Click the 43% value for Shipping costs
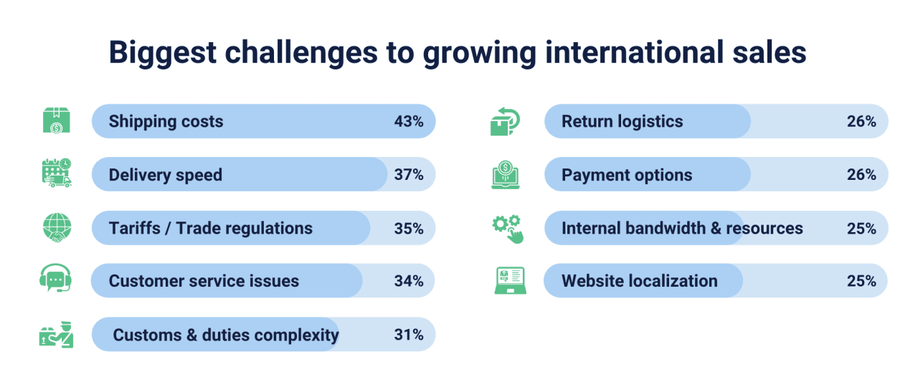click(409, 122)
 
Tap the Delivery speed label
click(166, 176)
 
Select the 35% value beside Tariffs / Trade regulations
click(409, 229)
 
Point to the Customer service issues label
click(204, 281)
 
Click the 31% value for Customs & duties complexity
click(409, 335)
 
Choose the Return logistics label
click(622, 122)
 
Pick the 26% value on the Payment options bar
click(861, 175)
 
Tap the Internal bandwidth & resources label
click(682, 229)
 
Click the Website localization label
click(639, 281)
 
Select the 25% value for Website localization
click(861, 281)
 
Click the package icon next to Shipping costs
click(57, 121)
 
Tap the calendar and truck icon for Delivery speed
click(57, 173)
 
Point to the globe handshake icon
click(57, 227)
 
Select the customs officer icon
click(57, 335)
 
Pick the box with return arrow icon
click(505, 121)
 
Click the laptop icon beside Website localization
click(510, 280)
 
